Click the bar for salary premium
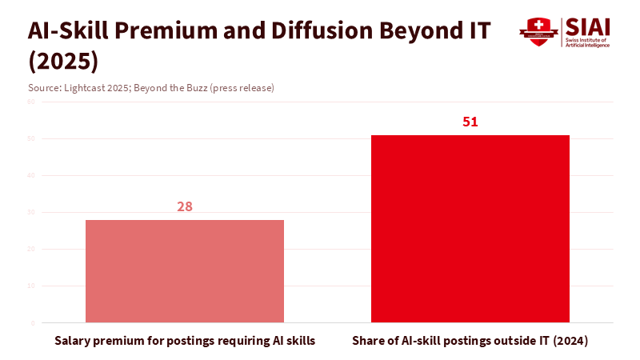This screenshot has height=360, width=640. point(185,271)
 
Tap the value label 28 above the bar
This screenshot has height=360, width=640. point(185,206)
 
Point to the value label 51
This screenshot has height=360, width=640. point(470,122)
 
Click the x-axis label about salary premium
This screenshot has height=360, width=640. point(185,341)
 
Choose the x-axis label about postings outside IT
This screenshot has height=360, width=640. point(470,341)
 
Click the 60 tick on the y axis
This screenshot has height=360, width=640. point(31,102)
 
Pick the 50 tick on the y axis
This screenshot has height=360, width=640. point(31,139)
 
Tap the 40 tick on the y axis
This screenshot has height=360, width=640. point(31,176)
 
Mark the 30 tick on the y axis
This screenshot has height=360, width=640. point(31,213)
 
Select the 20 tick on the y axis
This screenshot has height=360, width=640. point(31,250)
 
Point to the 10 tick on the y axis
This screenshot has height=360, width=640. point(31,286)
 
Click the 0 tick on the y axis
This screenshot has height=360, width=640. point(33,323)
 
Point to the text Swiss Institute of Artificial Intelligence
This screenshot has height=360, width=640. point(587,42)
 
